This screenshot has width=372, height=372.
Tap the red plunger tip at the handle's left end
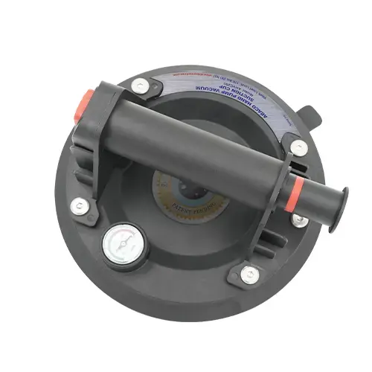pos(84,103)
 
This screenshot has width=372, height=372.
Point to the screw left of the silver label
pos(140,87)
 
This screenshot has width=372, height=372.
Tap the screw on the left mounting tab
pos(79,206)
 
